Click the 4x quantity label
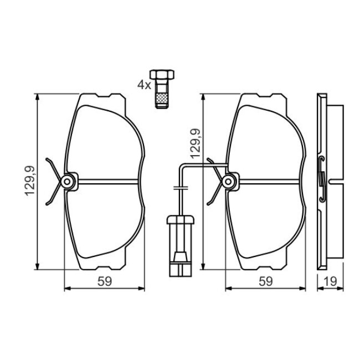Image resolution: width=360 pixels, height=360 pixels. (x=144, y=85)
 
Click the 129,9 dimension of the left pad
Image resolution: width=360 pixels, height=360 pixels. (x=30, y=181)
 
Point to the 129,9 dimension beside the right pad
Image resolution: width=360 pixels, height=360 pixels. (x=196, y=144)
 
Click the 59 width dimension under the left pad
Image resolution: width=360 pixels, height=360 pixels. (x=105, y=281)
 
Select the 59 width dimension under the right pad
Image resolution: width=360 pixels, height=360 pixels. (x=266, y=281)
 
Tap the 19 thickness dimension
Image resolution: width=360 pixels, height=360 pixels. (x=331, y=281)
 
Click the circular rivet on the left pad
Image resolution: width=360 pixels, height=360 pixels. (x=67, y=182)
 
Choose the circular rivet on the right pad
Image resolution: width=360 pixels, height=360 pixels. (x=228, y=182)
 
